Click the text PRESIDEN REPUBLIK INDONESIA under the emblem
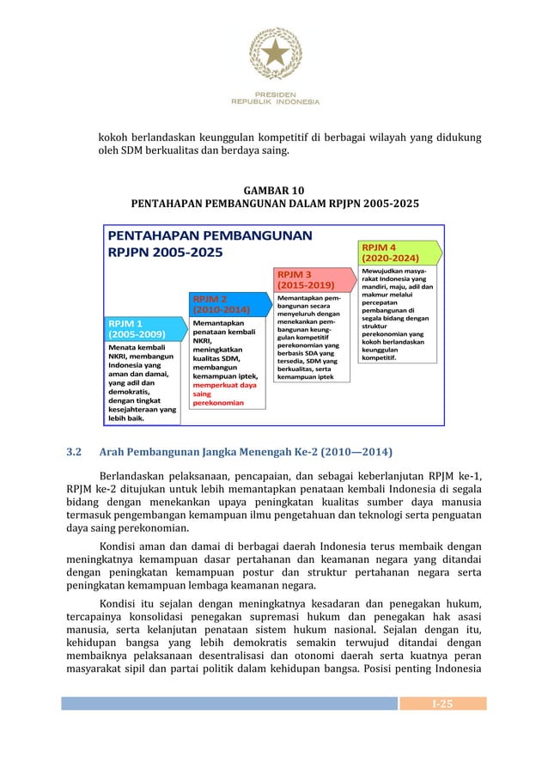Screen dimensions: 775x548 274,97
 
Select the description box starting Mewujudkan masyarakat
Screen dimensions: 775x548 396,319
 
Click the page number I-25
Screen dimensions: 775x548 443,704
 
